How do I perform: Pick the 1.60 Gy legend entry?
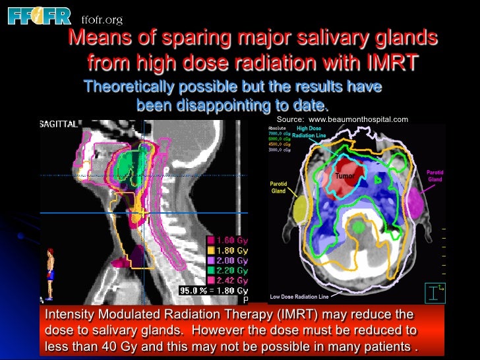228,239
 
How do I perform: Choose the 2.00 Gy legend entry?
228,260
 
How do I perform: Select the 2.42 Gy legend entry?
228,280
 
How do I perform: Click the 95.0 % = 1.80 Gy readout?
214,291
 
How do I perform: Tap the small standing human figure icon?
50,271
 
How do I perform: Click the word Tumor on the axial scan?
345,176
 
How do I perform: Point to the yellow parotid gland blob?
301,210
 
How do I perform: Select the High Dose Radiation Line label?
309,132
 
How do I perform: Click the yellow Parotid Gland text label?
279,187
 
